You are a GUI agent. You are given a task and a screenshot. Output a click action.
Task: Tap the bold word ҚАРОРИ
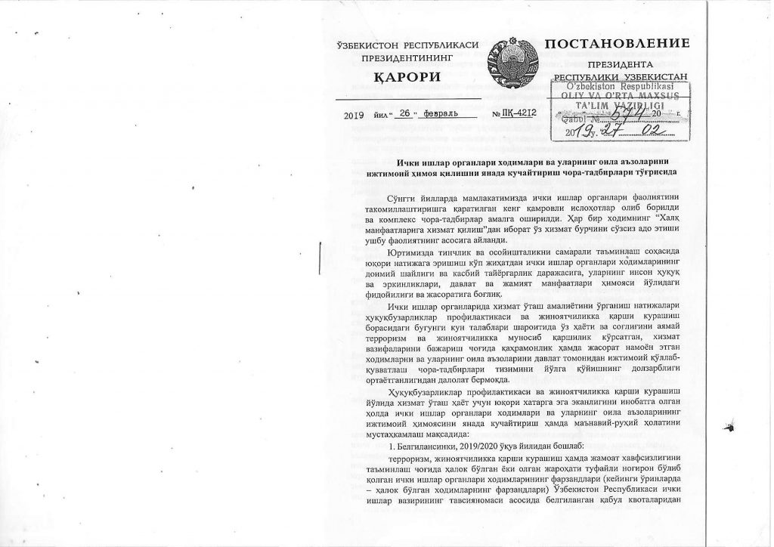point(408,78)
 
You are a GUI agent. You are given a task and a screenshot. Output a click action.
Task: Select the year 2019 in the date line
point(353,115)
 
